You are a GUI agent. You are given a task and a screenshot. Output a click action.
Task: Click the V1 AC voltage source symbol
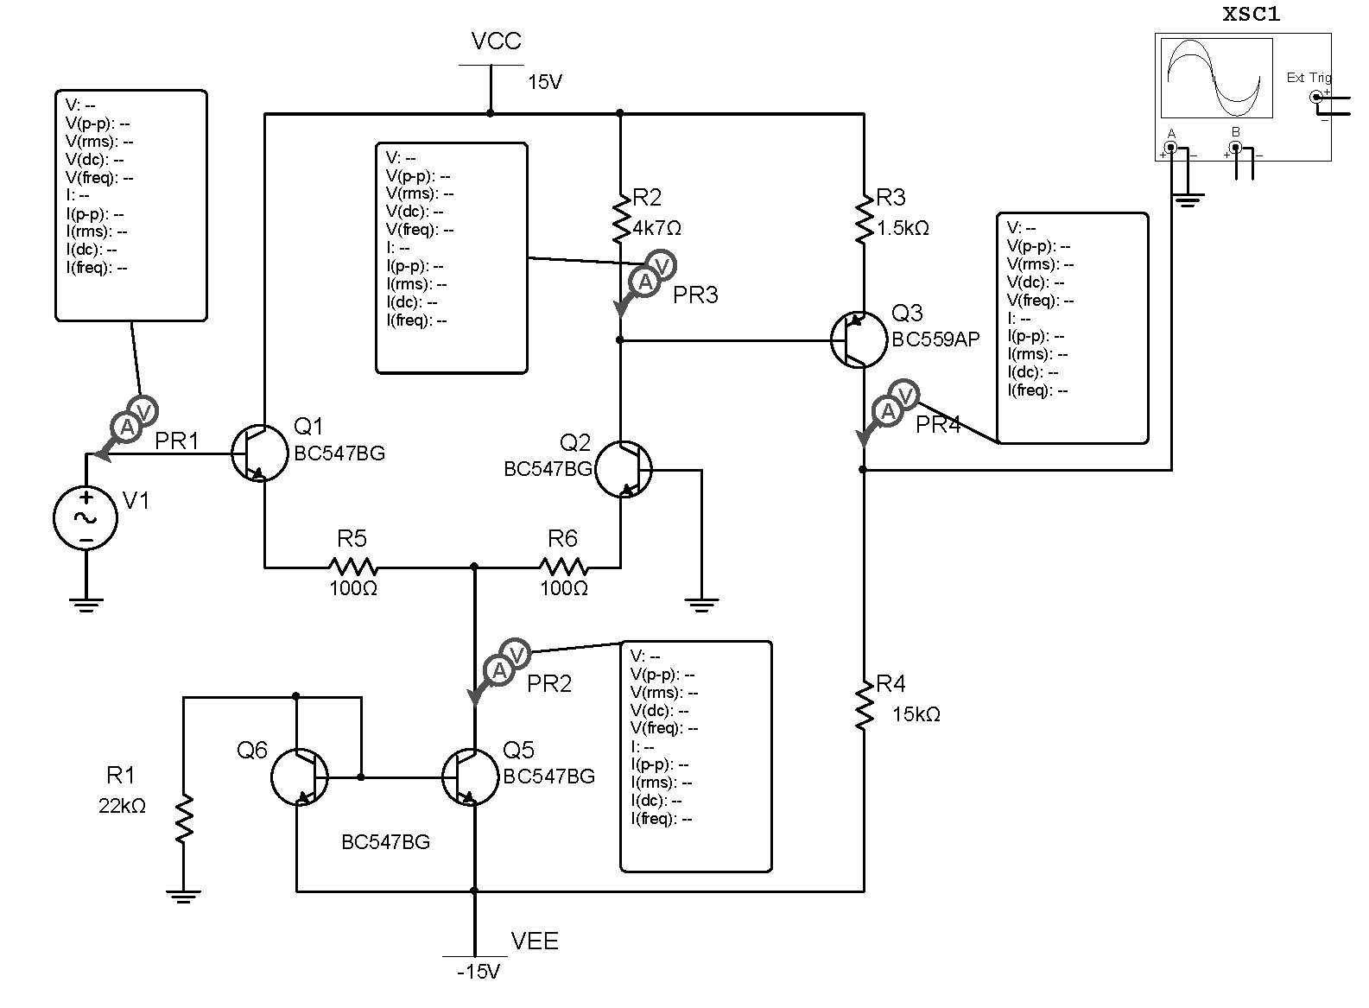click(x=86, y=517)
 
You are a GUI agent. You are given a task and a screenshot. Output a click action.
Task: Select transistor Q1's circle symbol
click(x=260, y=453)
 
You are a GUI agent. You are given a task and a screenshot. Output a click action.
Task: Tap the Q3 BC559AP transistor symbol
click(x=859, y=339)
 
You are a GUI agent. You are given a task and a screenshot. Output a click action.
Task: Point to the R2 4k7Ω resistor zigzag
click(x=621, y=219)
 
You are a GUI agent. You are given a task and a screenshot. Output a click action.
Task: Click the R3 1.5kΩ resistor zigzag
click(x=864, y=219)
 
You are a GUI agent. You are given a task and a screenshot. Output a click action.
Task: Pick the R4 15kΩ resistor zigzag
click(x=864, y=705)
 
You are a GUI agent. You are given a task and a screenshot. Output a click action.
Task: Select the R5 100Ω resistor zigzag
click(x=352, y=567)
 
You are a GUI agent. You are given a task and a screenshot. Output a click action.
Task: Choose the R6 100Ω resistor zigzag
click(x=563, y=567)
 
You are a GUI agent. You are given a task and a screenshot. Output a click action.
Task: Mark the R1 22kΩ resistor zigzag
click(x=183, y=818)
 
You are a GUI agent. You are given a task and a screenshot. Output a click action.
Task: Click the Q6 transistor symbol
click(x=300, y=777)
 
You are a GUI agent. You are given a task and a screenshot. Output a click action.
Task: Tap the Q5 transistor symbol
click(x=471, y=777)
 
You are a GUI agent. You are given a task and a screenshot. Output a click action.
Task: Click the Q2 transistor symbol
click(x=624, y=470)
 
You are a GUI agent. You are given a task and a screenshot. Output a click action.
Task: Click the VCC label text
click(x=496, y=41)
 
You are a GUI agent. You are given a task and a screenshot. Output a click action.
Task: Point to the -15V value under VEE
click(x=479, y=972)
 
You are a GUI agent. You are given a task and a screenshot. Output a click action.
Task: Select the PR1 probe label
click(x=177, y=441)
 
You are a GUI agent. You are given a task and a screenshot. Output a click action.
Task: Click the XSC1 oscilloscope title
click(x=1252, y=15)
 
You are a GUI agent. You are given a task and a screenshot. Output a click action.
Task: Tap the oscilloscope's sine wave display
click(x=1216, y=78)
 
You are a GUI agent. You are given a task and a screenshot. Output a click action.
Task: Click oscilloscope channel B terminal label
click(x=1235, y=132)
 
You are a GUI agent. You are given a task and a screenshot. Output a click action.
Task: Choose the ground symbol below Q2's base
click(x=701, y=603)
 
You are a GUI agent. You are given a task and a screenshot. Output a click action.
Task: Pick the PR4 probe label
click(x=938, y=425)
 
